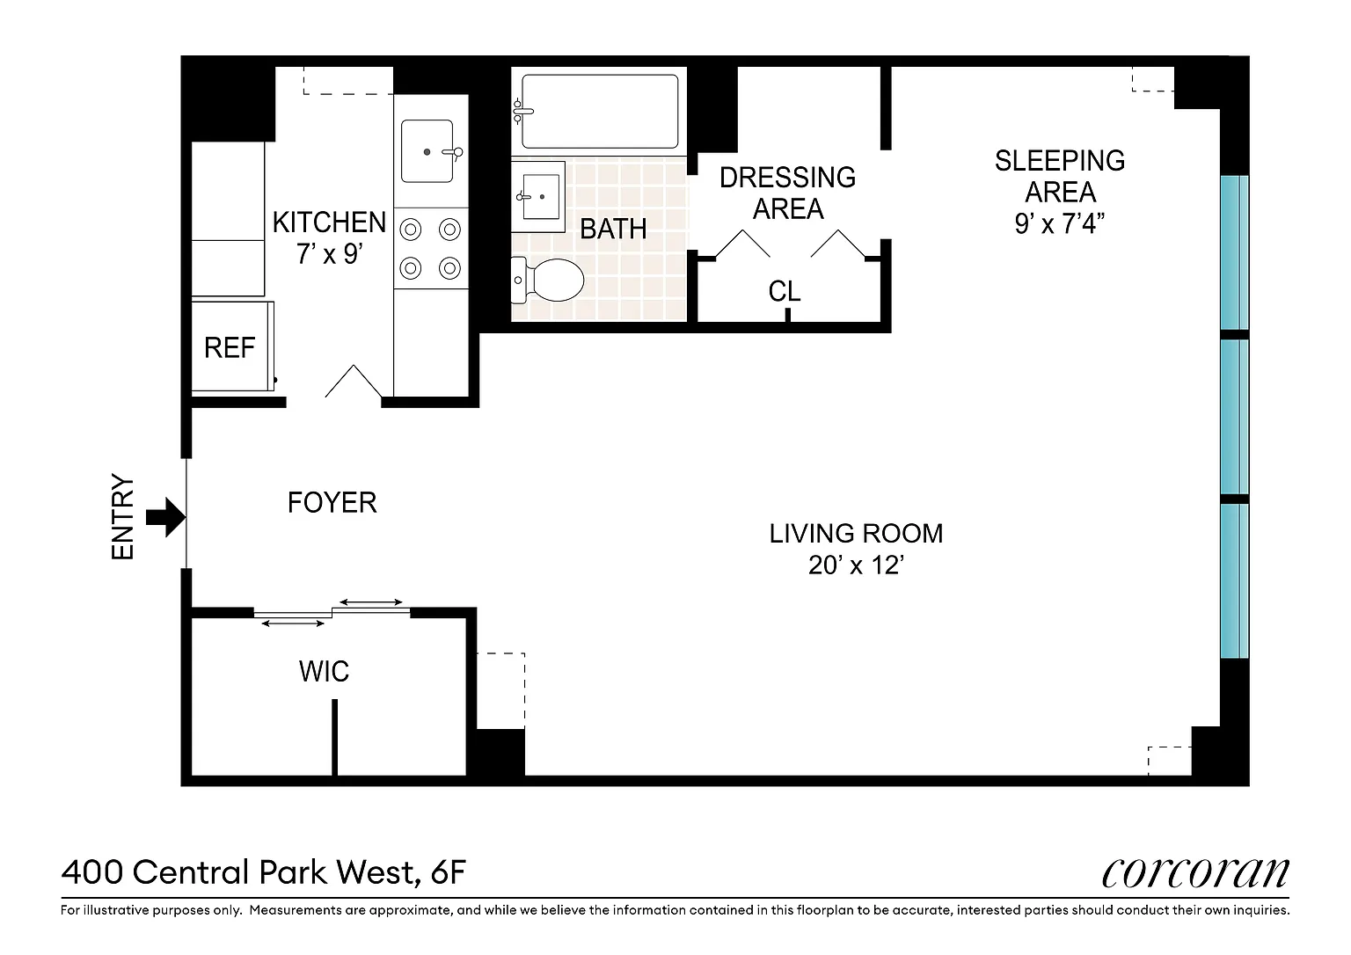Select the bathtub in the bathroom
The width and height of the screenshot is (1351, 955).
click(x=600, y=112)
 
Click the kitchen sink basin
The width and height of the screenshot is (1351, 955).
click(x=427, y=151)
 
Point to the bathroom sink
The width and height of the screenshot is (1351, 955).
click(x=540, y=197)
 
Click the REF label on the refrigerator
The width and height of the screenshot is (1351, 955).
click(x=230, y=348)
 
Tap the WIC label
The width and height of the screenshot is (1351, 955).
click(x=324, y=672)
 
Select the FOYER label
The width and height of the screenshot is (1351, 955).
click(x=332, y=503)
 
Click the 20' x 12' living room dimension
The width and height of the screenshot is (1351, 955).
click(x=856, y=565)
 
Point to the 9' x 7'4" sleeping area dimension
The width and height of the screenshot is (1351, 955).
click(x=1060, y=223)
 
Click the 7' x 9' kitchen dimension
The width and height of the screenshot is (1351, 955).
click(x=329, y=254)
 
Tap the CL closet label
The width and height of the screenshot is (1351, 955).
click(x=784, y=292)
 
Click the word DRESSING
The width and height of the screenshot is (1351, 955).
click(x=788, y=178)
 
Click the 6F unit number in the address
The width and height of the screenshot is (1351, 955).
click(x=449, y=872)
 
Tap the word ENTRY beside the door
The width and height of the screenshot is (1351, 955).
click(x=122, y=517)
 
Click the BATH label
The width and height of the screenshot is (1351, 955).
click(x=613, y=230)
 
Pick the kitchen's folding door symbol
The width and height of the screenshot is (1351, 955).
click(x=354, y=381)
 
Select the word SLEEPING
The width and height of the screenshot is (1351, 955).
click(x=1060, y=161)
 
